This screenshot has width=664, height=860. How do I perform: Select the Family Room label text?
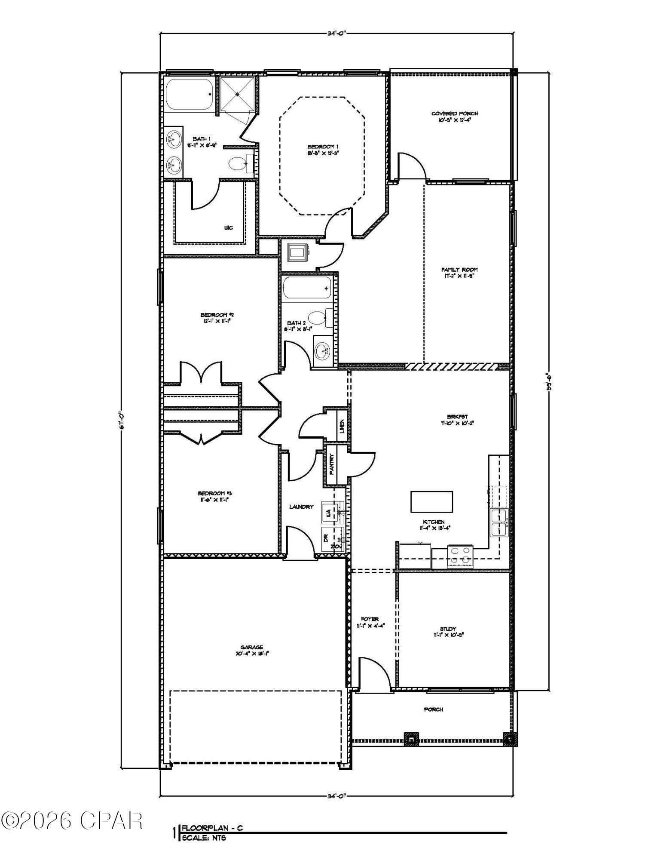click(459, 273)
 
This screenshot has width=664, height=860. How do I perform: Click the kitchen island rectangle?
click(431, 501)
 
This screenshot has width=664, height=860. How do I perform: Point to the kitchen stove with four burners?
click(460, 556)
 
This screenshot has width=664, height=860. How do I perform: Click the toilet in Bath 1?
click(238, 164)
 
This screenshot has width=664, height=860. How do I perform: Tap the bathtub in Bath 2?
click(307, 287)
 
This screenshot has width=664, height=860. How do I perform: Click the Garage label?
click(251, 650)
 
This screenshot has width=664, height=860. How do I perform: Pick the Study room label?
click(448, 631)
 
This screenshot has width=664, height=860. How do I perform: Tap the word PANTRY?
click(332, 465)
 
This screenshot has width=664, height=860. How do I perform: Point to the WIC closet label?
click(228, 227)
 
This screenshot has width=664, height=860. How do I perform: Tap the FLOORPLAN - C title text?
click(212, 828)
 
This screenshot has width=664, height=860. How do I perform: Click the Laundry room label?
click(301, 507)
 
